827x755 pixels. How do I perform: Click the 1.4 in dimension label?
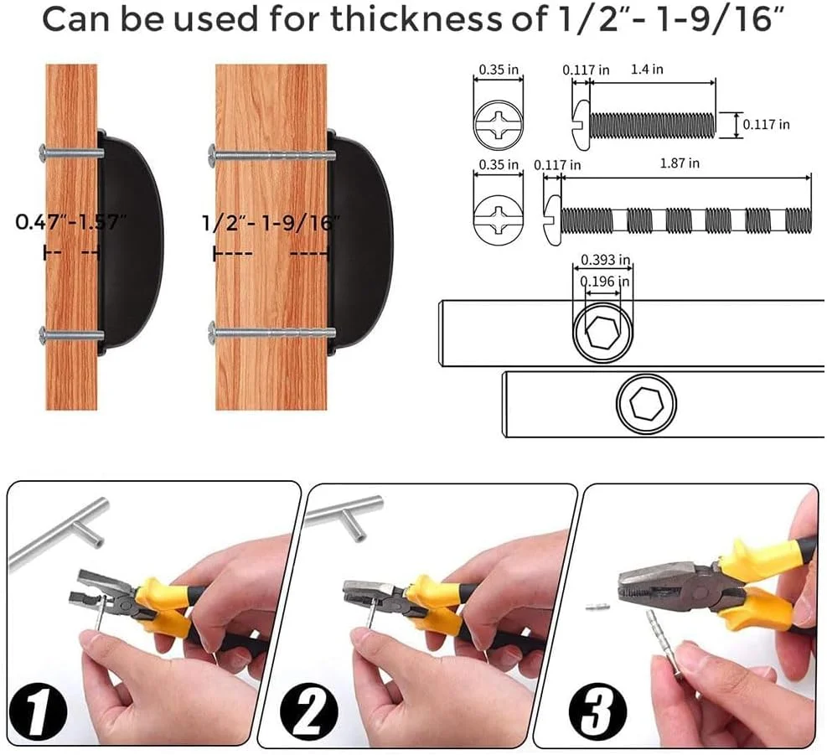(x=647, y=69)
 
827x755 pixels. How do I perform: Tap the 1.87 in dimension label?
(x=680, y=163)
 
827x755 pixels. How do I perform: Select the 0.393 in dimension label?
(x=606, y=260)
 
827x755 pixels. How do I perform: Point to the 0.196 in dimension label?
(x=605, y=282)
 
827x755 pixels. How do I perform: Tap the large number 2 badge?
(x=309, y=710)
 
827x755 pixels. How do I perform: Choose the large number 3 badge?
(x=598, y=710)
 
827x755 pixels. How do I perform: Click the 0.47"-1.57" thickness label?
(x=70, y=221)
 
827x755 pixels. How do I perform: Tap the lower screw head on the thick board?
(x=212, y=333)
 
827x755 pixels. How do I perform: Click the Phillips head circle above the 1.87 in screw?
(x=499, y=216)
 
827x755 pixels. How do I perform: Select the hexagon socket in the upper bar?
(x=602, y=333)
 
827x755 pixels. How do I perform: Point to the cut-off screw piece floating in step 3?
(x=598, y=607)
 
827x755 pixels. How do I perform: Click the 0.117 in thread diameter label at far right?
(x=767, y=125)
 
